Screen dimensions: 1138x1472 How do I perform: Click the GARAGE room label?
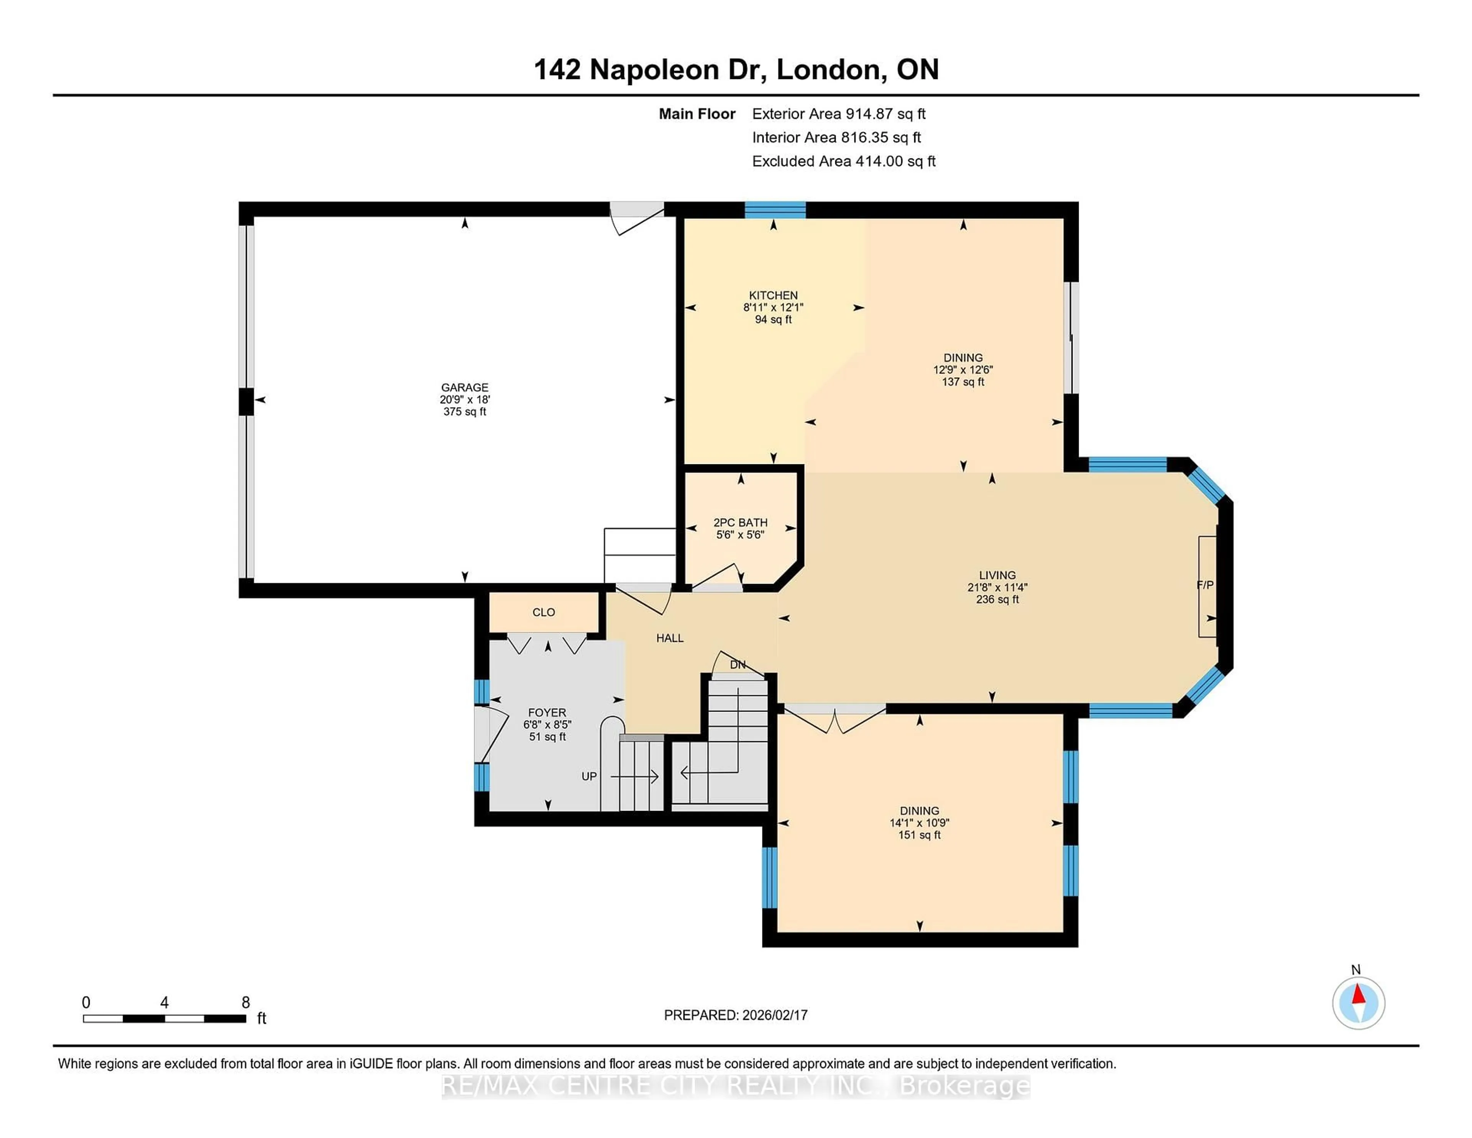[464, 387]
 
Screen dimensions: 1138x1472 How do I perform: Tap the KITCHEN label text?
[773, 295]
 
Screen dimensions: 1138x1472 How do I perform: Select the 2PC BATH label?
[740, 523]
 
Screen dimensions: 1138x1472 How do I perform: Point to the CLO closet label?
[543, 612]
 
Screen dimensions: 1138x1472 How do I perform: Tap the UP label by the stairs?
[588, 776]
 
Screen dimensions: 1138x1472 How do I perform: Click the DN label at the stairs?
[738, 665]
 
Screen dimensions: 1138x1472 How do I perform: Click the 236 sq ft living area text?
[997, 599]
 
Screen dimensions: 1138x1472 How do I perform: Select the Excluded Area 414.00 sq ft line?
[843, 161]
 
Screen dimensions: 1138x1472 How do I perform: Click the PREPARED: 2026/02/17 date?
[735, 1015]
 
